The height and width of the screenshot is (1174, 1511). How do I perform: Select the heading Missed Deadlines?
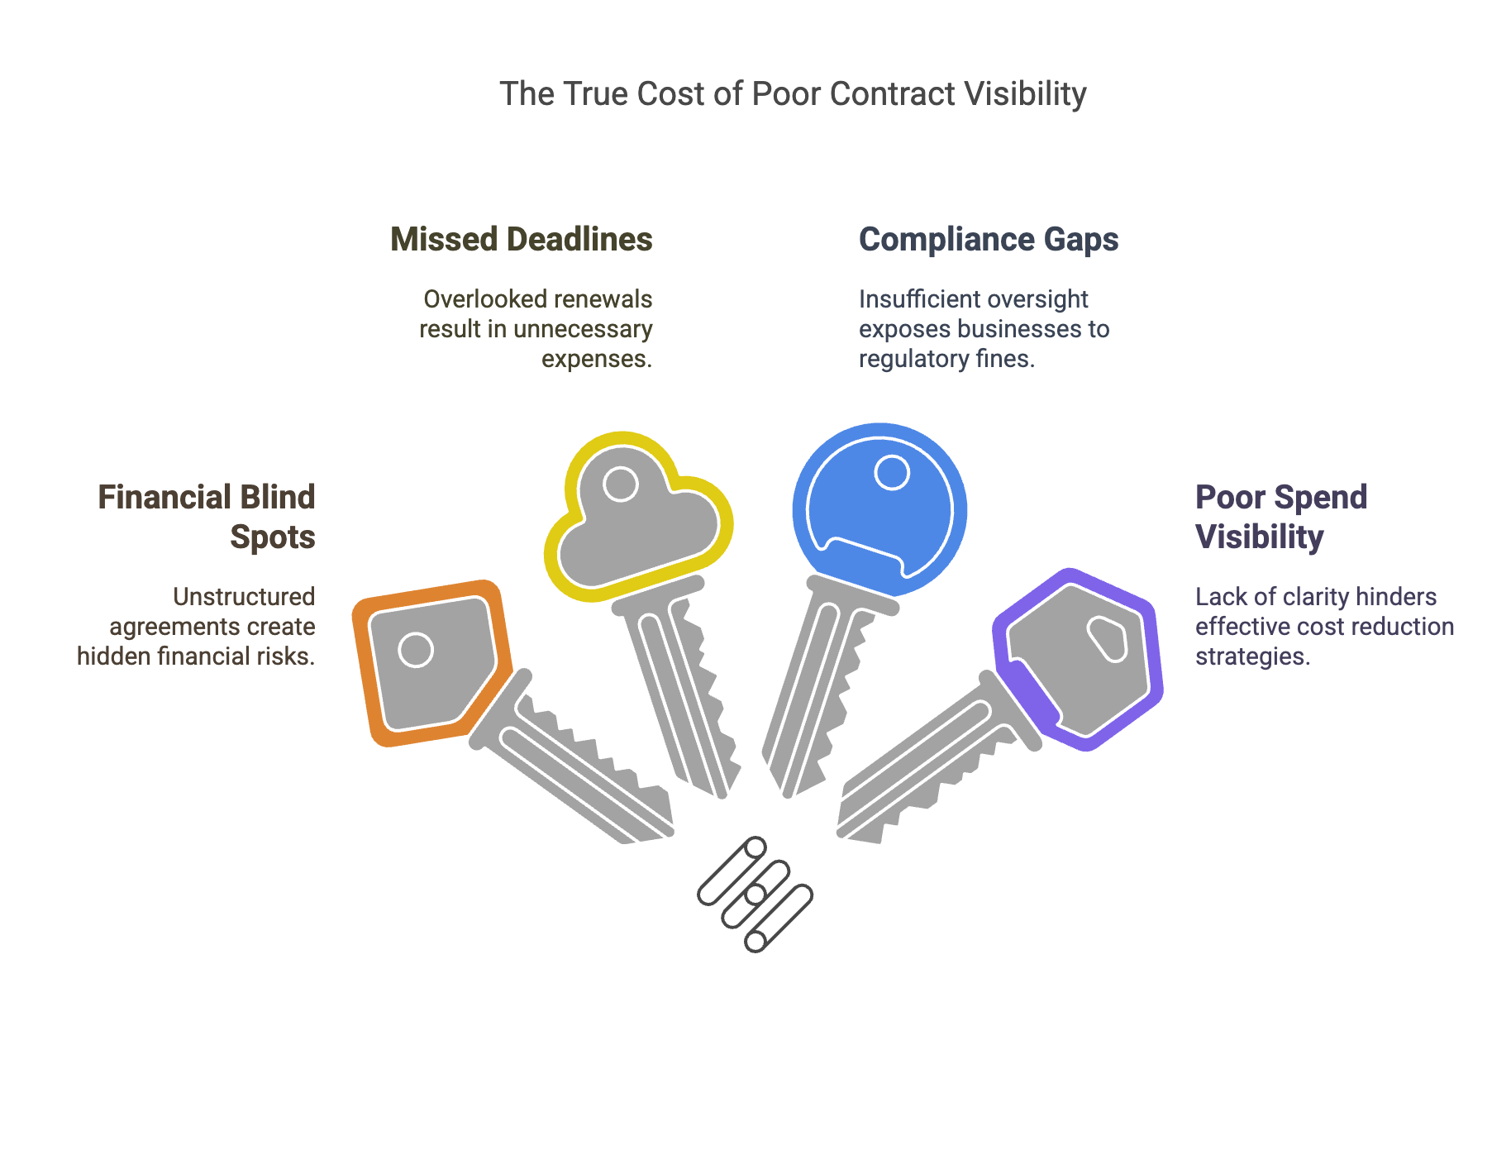(x=521, y=240)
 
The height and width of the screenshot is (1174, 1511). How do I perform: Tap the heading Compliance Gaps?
(x=988, y=240)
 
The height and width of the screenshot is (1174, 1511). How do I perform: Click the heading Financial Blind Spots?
(x=207, y=517)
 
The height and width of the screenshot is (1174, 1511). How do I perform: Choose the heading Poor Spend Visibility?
(x=1280, y=517)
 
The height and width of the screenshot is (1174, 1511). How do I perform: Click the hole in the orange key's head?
(x=415, y=650)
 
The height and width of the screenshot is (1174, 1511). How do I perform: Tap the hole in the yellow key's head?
(x=620, y=484)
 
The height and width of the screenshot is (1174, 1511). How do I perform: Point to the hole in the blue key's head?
(x=891, y=473)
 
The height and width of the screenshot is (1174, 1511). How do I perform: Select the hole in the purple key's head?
(x=1107, y=639)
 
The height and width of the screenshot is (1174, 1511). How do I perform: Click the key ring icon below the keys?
(x=755, y=895)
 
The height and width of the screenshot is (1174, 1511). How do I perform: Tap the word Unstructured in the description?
(x=244, y=597)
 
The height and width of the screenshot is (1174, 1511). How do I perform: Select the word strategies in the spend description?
(x=1251, y=656)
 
